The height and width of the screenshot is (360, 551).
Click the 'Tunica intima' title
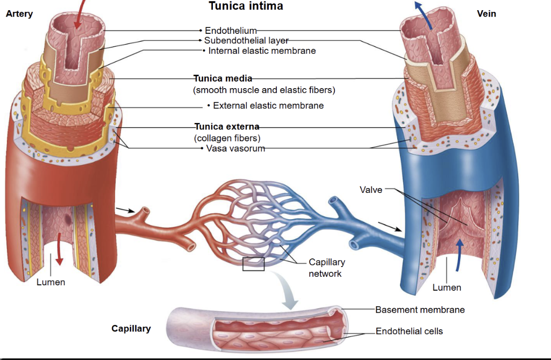(246, 6)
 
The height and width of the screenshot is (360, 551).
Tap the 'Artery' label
(19, 14)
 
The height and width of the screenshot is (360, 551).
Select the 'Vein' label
(486, 14)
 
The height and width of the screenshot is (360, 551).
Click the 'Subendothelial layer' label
(246, 40)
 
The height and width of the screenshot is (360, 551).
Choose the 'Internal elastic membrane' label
(262, 51)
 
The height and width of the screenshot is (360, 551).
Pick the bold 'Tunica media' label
(223, 78)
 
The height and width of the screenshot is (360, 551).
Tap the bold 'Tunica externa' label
(226, 127)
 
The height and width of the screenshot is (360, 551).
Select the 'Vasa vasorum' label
(235, 148)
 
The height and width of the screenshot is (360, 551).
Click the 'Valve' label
(371, 189)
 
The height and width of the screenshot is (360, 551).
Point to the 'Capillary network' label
(326, 268)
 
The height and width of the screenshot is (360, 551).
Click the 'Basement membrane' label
(420, 309)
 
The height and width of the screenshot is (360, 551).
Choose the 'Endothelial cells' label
(409, 331)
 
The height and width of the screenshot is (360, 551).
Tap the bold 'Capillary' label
(131, 328)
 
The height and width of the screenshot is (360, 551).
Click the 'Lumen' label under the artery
(51, 282)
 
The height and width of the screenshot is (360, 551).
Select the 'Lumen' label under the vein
(447, 287)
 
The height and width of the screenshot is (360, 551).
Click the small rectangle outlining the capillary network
(253, 264)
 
